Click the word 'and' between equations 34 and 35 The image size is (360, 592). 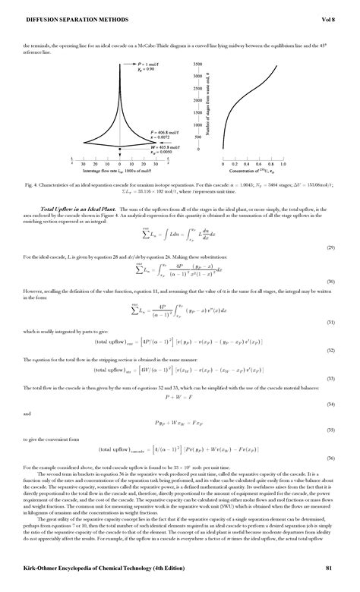coord(27,414)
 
